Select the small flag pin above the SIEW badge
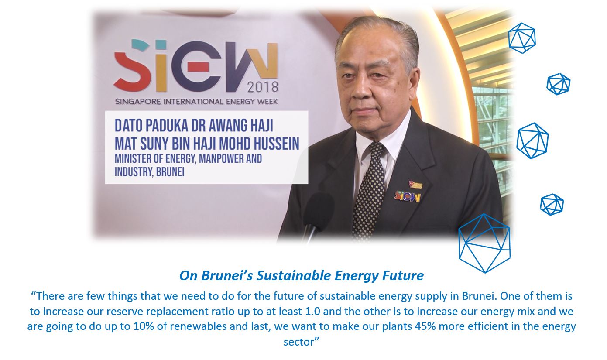[x=415, y=184]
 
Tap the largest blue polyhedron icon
[x=484, y=243]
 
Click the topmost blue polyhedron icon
[x=521, y=38]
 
